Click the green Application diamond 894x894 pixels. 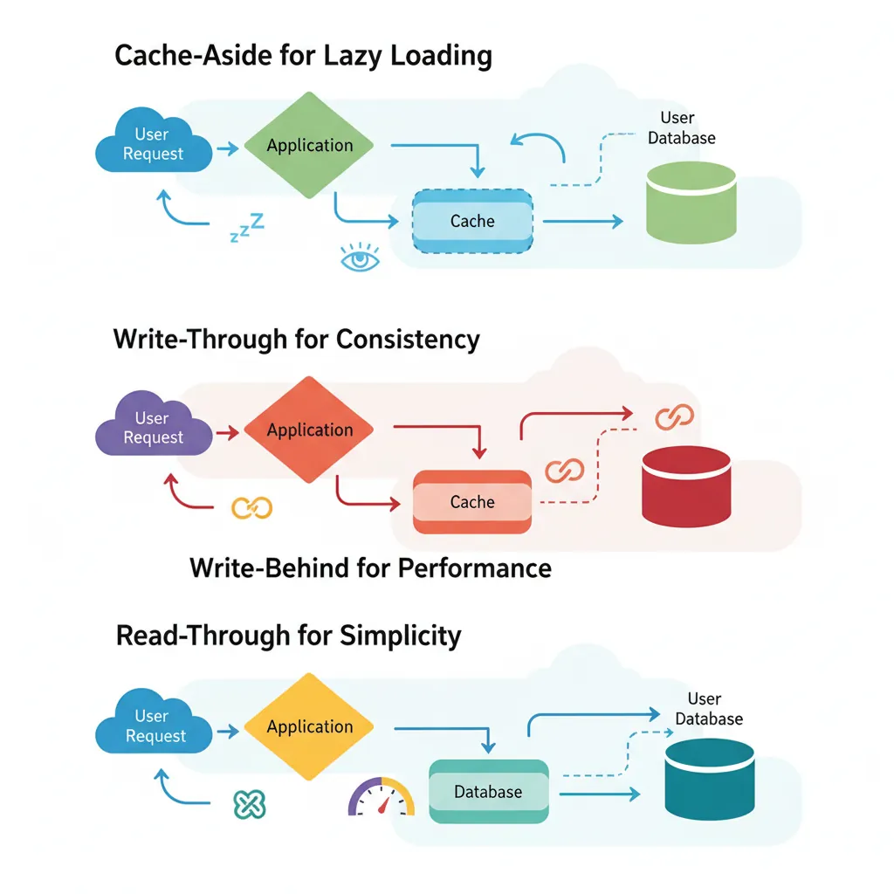pyautogui.click(x=309, y=145)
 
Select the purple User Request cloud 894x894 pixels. pyautogui.click(x=153, y=428)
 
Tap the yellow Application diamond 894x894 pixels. pyautogui.click(x=309, y=726)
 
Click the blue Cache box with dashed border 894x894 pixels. pyautogui.click(x=472, y=221)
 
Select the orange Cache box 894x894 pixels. pyautogui.click(x=472, y=502)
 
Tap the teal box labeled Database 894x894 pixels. pyautogui.click(x=488, y=791)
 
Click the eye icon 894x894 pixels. pyautogui.click(x=360, y=259)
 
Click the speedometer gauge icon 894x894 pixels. pyautogui.click(x=382, y=797)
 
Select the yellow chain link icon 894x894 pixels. pyautogui.click(x=251, y=508)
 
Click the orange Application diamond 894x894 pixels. pyautogui.click(x=309, y=430)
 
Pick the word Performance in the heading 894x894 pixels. pyautogui.click(x=474, y=568)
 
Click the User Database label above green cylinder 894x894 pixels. pyautogui.click(x=681, y=128)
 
